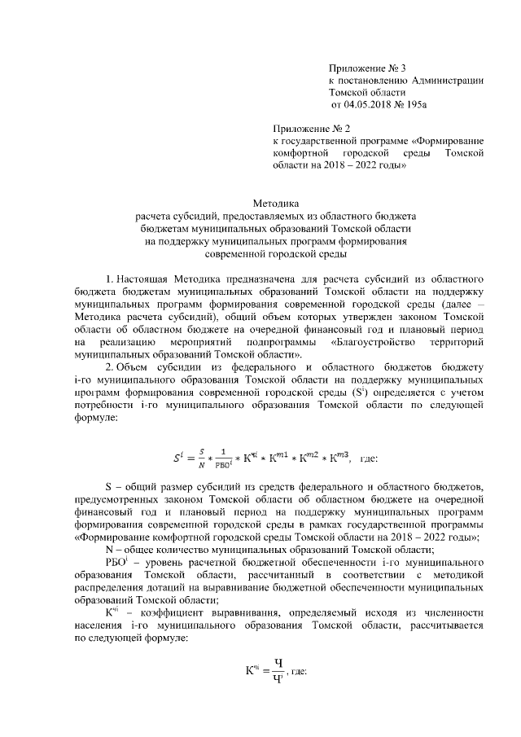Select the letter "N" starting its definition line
click(111, 551)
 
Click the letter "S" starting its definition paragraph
click(111, 487)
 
